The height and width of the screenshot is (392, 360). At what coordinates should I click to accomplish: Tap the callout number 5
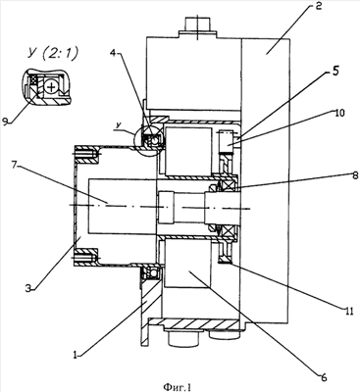tap(334, 73)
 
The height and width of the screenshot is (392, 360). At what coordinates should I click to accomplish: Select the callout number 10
tap(339, 113)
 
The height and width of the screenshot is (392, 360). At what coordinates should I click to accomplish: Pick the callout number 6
tap(323, 377)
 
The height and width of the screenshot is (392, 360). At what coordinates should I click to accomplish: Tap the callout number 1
tap(75, 354)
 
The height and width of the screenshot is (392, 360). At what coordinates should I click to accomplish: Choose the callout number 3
tap(29, 287)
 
